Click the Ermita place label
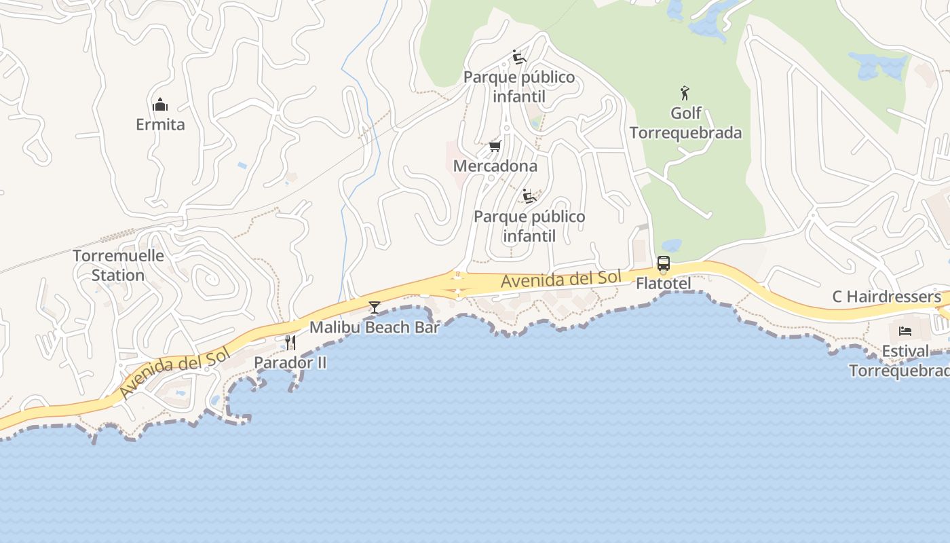click(160, 125)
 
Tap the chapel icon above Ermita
click(160, 105)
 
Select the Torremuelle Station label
click(118, 265)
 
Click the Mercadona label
click(495, 166)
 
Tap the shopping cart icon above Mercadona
click(495, 146)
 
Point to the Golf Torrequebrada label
click(685, 123)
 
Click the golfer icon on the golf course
click(685, 93)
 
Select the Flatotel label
click(663, 283)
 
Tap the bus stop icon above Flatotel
click(663, 263)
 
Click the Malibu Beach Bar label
click(375, 327)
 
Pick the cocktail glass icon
click(374, 307)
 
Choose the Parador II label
click(290, 362)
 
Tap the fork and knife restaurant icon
click(290, 342)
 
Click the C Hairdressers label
click(886, 297)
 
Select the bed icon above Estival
click(905, 331)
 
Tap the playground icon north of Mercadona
click(519, 57)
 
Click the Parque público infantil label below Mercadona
click(529, 226)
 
